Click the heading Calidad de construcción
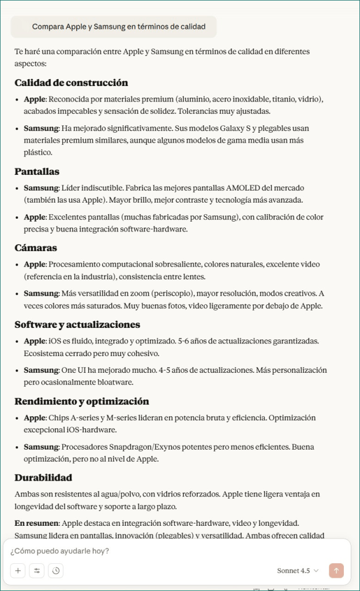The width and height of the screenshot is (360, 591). (71, 83)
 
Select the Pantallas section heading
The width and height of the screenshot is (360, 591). (37, 171)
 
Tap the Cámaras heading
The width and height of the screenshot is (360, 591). (36, 248)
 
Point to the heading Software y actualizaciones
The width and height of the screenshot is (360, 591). (77, 324)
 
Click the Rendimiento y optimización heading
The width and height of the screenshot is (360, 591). (81, 401)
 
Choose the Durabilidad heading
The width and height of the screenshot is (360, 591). (43, 478)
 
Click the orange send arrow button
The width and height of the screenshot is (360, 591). (336, 571)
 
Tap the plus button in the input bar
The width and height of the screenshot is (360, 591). (18, 571)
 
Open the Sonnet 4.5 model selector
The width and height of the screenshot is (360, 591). (297, 571)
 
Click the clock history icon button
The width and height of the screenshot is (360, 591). (56, 571)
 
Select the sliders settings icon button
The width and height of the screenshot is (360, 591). (37, 571)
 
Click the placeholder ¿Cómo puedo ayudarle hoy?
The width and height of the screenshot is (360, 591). (60, 551)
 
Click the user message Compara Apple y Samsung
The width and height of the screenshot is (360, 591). (113, 27)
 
